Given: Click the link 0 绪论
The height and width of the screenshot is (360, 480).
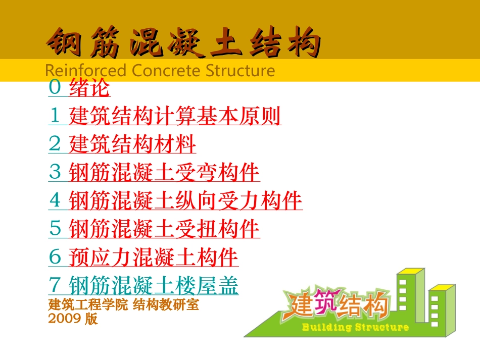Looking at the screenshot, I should pyautogui.click(x=79, y=89).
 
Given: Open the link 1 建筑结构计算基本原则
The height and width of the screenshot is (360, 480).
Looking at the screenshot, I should pyautogui.click(x=165, y=117).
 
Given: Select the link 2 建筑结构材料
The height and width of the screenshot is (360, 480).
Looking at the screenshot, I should pyautogui.click(x=122, y=145).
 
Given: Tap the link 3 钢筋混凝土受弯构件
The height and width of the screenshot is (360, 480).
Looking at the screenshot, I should pyautogui.click(x=154, y=173).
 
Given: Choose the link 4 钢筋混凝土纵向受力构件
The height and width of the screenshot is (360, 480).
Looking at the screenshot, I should pyautogui.click(x=175, y=201).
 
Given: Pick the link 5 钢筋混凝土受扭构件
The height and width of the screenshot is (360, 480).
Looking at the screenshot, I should pyautogui.click(x=154, y=229).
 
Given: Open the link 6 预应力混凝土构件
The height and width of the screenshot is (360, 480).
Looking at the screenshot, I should pyautogui.click(x=143, y=258).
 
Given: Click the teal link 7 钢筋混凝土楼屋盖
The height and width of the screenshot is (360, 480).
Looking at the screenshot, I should pyautogui.click(x=143, y=286).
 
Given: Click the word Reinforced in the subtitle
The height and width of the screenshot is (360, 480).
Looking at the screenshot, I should pyautogui.click(x=85, y=71).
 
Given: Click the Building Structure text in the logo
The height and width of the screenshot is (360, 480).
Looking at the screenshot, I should pyautogui.click(x=355, y=328).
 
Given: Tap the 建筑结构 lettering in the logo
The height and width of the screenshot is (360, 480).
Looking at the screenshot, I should pyautogui.click(x=340, y=305).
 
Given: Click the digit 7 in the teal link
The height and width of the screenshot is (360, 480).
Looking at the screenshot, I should pyautogui.click(x=54, y=286).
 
